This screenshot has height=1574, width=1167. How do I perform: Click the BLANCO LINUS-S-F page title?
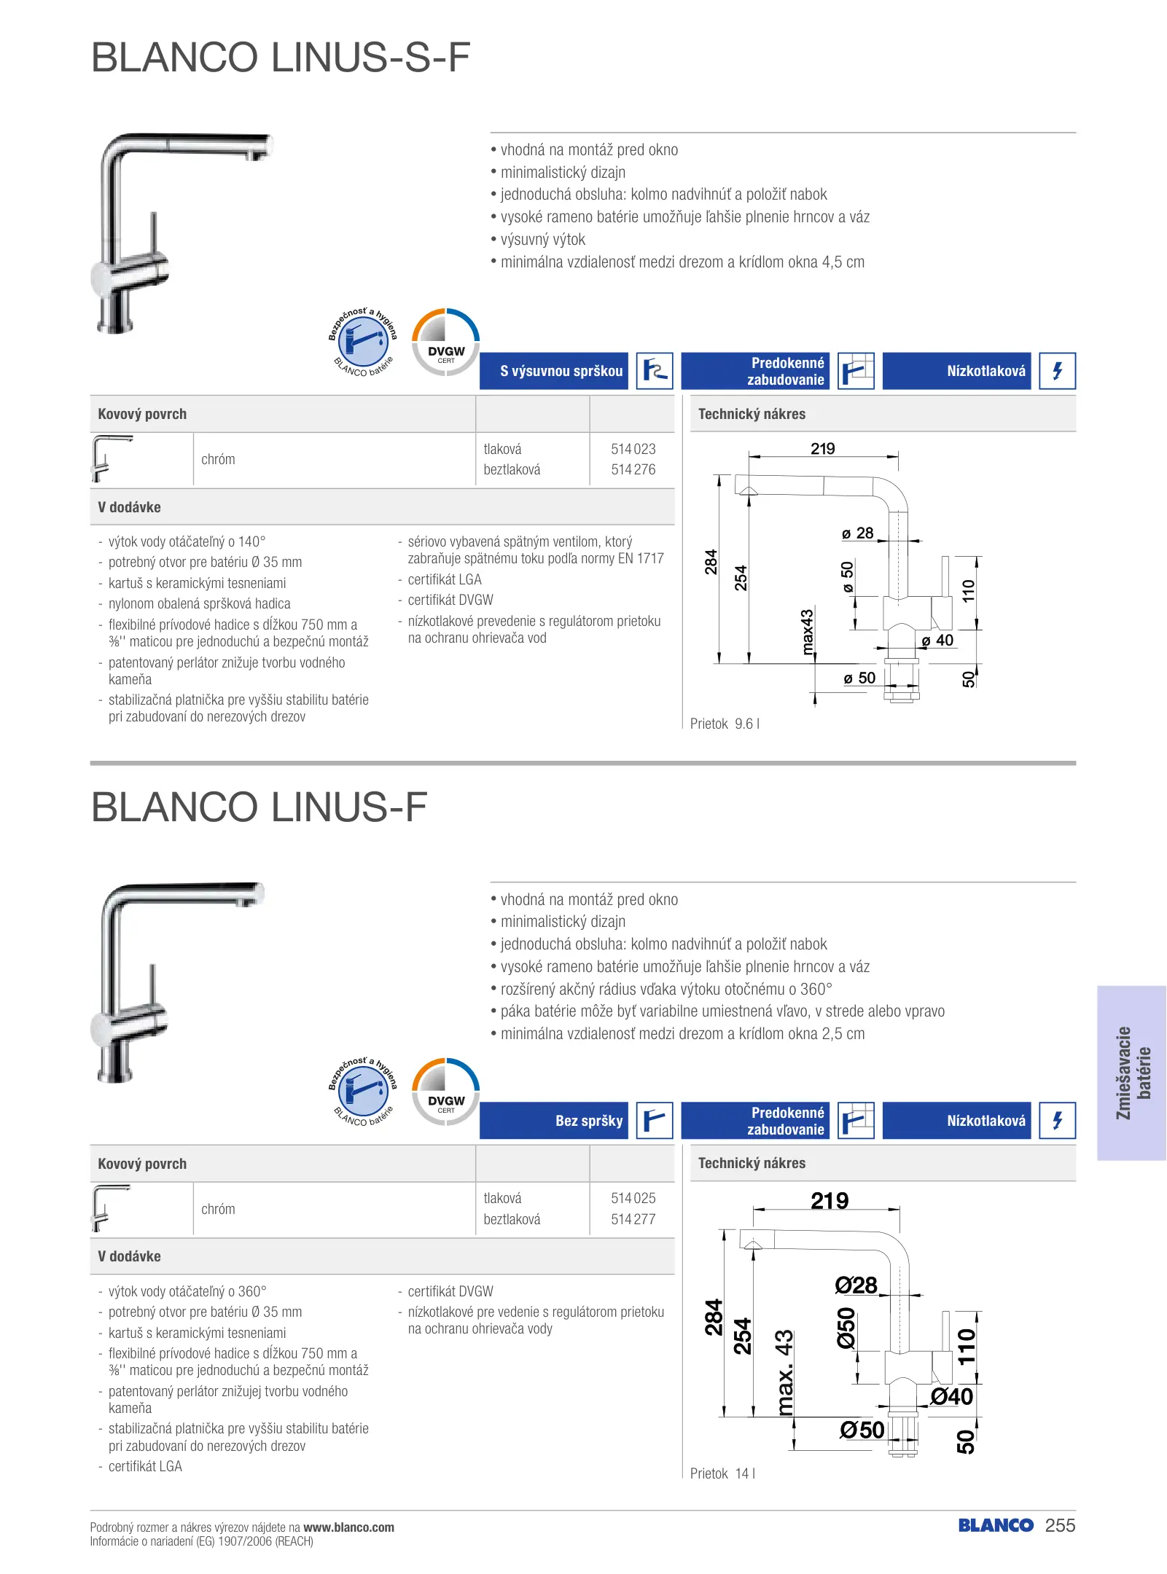point(281,58)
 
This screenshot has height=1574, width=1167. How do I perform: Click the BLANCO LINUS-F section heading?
point(259,807)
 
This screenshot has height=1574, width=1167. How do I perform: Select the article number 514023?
point(633,449)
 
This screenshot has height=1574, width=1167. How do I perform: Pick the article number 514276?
point(633,470)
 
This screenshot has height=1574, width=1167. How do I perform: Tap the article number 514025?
point(633,1198)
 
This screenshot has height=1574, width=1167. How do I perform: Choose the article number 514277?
point(633,1219)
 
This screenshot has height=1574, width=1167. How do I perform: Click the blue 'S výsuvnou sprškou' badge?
point(554,371)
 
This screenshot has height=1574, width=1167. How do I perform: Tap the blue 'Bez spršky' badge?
point(554,1121)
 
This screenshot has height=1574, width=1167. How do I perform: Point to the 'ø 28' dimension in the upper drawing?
point(858,533)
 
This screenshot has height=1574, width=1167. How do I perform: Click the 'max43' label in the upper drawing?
point(807,632)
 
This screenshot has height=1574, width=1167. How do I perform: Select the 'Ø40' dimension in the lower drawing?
point(951,1396)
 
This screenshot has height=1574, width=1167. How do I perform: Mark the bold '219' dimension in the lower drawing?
point(830,1200)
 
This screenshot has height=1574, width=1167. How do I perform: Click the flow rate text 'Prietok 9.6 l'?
point(725,724)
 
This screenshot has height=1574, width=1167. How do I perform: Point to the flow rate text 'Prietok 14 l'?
point(722,1473)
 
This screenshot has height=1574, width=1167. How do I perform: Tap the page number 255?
point(1060,1526)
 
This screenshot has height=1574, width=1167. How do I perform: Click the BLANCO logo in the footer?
point(996,1526)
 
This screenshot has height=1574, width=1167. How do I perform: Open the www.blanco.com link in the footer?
point(348,1527)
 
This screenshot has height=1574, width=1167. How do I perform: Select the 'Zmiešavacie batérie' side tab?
point(1133,1073)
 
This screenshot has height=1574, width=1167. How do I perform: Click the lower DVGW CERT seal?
point(446,1092)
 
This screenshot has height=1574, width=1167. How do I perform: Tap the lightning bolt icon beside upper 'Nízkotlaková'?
point(1057,371)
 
